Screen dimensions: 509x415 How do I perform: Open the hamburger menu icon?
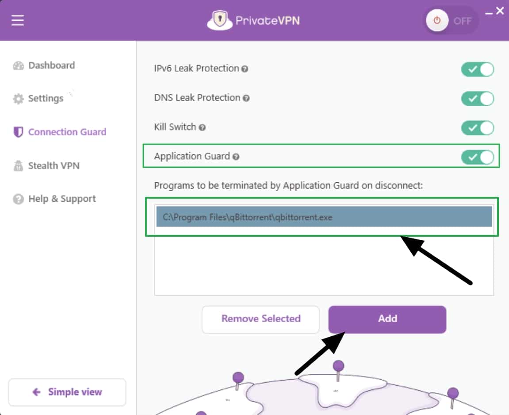coord(18,20)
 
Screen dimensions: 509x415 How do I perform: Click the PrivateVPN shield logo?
coord(220,20)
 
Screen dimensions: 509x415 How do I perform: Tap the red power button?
coord(437,20)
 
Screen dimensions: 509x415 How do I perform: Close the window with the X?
coord(500,11)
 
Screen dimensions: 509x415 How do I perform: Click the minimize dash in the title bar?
coord(489,13)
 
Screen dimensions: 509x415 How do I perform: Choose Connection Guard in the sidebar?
coord(60,132)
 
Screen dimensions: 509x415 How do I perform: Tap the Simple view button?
coord(67,392)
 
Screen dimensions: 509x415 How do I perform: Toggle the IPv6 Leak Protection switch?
coord(478,69)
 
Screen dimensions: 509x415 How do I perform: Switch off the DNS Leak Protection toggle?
coord(478,99)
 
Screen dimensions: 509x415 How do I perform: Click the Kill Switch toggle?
coord(478,128)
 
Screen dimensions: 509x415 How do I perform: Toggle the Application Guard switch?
coord(478,157)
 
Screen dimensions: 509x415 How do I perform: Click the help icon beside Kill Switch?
coord(202,127)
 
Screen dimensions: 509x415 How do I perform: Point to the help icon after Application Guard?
coord(236,157)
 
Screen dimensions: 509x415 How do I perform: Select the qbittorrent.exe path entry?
coord(324,217)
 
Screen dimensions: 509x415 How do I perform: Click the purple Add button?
coord(387,319)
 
